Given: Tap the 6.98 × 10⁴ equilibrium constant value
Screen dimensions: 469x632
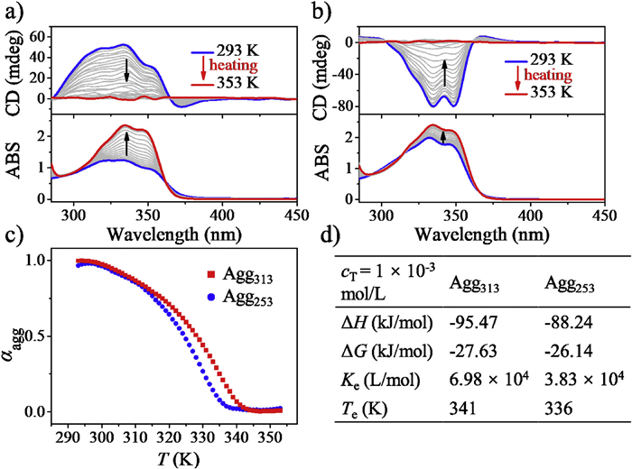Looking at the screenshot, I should (488, 386).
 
